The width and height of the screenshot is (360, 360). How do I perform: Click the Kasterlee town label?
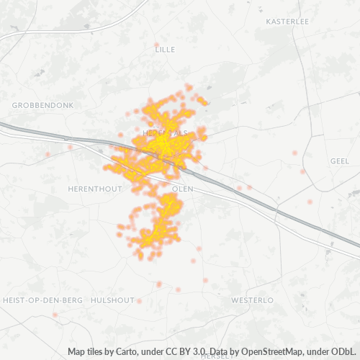(287, 22)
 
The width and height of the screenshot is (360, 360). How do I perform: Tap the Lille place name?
(165, 49)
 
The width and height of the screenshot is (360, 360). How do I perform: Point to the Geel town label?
(338, 161)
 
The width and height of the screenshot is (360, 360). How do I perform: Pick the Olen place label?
(184, 188)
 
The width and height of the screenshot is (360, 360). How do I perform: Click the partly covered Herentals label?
(165, 134)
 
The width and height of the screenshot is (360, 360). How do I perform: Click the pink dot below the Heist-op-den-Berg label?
(55, 315)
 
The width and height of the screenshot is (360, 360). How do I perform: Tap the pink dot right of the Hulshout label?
(139, 301)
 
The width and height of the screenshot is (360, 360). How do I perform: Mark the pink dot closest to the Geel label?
(303, 171)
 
